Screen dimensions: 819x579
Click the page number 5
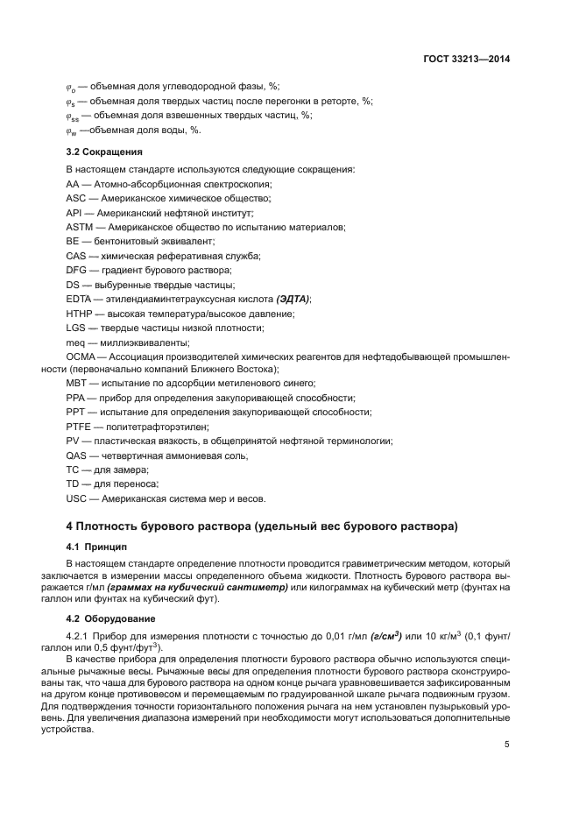coord(507,745)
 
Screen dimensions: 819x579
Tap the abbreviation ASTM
coord(80,227)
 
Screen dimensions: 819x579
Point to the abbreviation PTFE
coord(78,427)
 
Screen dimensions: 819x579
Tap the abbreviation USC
coord(77,498)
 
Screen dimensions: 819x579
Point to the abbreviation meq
coord(75,342)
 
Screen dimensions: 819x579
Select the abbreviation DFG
coord(77,270)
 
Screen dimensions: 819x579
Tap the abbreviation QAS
coord(77,455)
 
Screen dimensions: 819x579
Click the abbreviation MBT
coord(77,384)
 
